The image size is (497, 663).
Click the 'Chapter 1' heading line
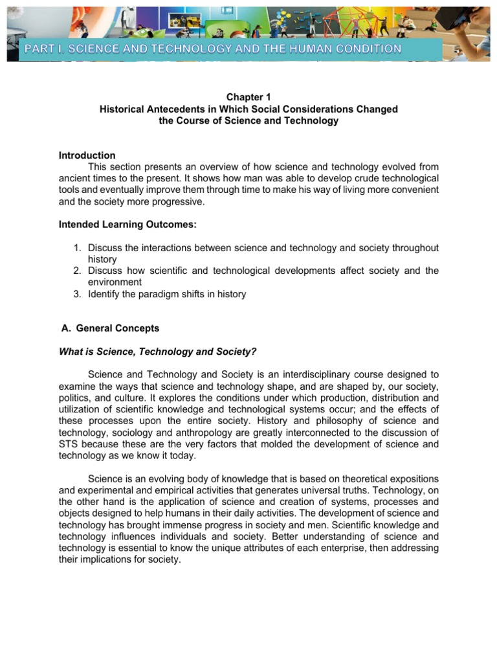(248, 97)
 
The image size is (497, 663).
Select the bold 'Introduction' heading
(87, 155)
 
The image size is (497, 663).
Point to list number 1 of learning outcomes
(76, 248)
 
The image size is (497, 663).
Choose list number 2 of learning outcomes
(76, 271)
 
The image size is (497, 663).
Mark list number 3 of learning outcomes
(76, 294)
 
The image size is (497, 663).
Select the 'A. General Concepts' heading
(109, 328)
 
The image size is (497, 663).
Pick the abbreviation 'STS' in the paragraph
(69, 444)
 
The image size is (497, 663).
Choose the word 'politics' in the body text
(74, 398)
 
